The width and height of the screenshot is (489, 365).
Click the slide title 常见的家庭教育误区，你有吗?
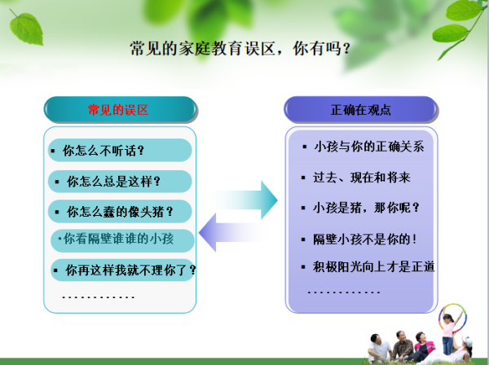click(x=240, y=49)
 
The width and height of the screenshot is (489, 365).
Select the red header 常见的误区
click(x=118, y=110)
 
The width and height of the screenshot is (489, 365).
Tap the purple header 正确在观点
click(x=361, y=110)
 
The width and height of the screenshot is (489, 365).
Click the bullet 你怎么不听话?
click(x=104, y=151)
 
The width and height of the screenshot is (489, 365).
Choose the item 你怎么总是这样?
click(x=113, y=182)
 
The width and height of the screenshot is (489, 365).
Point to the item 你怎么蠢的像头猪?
click(x=120, y=212)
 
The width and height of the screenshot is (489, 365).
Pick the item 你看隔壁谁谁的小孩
click(x=118, y=239)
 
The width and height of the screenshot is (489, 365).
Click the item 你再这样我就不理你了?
click(x=131, y=270)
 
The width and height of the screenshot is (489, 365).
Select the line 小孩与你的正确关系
click(x=369, y=147)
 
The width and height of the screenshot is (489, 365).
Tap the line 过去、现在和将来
click(x=362, y=178)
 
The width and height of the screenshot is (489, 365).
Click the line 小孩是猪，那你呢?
click(x=366, y=208)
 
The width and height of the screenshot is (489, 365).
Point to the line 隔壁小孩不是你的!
click(x=365, y=240)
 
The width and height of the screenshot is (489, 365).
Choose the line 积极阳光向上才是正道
click(x=373, y=266)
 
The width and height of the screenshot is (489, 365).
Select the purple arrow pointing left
click(x=233, y=232)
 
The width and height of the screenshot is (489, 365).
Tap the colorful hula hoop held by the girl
click(x=453, y=318)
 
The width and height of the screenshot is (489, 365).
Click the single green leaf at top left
click(x=26, y=29)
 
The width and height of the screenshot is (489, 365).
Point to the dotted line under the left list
click(x=99, y=297)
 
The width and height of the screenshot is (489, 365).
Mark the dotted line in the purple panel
click(x=344, y=292)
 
